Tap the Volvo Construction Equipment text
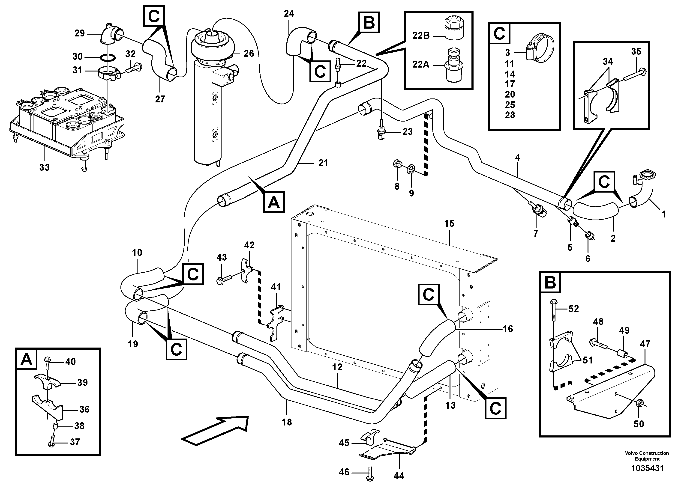click(647, 456)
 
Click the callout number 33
click(44, 167)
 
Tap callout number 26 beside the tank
click(248, 54)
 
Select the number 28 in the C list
click(510, 115)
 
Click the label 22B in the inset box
click(421, 36)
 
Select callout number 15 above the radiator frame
click(449, 223)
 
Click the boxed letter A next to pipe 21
click(273, 202)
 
